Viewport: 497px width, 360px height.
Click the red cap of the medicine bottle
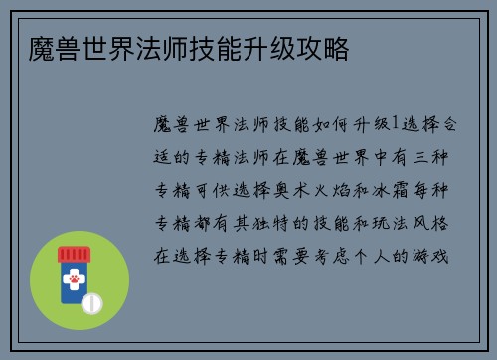click(x=73, y=253)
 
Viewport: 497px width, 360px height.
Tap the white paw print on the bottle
click(x=73, y=281)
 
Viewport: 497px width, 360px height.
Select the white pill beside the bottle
click(x=91, y=302)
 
